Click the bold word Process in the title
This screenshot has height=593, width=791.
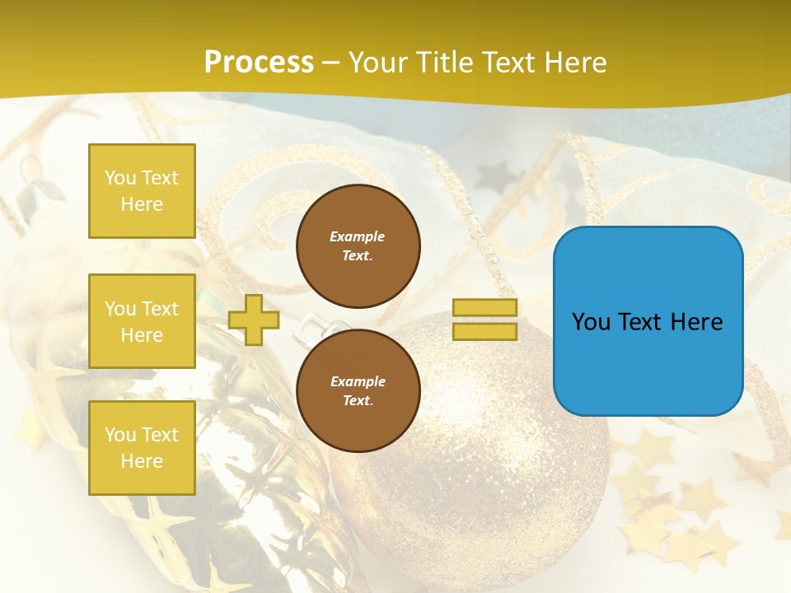click(259, 63)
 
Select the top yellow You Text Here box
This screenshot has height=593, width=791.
click(142, 191)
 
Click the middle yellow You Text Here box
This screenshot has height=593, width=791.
click(142, 321)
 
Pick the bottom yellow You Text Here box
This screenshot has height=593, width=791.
click(142, 448)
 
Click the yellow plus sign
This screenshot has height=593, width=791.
click(253, 320)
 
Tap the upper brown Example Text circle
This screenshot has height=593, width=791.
click(358, 246)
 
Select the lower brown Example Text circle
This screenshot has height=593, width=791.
click(358, 390)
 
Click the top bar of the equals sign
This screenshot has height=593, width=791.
click(484, 308)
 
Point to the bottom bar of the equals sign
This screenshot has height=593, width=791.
click(484, 332)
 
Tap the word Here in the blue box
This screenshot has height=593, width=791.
click(697, 322)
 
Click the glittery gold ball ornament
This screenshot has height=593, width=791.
click(478, 478)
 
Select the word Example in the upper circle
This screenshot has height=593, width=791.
click(358, 236)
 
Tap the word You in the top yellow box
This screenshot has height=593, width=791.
click(119, 178)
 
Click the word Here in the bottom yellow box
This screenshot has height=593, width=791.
click(142, 461)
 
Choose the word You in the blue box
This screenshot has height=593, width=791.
click(591, 322)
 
